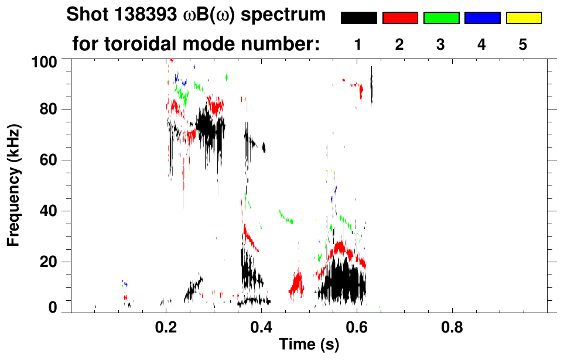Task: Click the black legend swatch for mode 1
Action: click(358, 18)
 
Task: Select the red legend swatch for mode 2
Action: click(400, 18)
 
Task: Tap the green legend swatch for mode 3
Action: click(441, 18)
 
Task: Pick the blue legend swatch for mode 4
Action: click(482, 18)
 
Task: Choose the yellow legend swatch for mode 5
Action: click(523, 18)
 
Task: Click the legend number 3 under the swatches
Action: click(441, 45)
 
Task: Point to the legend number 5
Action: click(523, 45)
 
